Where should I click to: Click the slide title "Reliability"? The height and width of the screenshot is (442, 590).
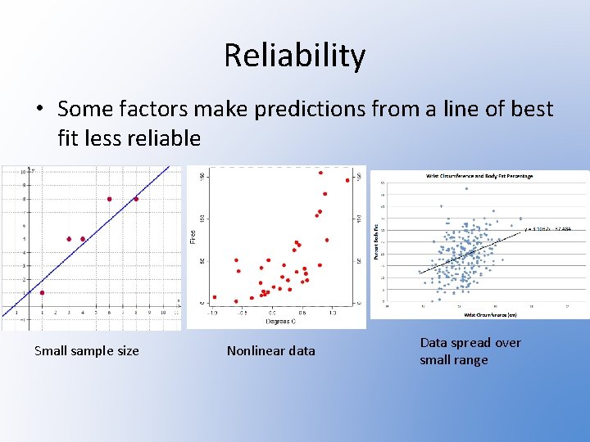point(294,56)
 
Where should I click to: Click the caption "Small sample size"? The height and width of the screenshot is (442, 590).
point(86,351)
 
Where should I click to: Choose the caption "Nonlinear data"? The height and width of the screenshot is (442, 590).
point(270,351)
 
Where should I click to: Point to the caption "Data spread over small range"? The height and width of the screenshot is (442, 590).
point(470,351)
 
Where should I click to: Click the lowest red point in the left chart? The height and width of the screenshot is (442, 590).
point(42,293)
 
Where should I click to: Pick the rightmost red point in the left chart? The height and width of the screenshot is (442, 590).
point(136,199)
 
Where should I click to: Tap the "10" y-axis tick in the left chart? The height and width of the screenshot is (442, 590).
point(25,173)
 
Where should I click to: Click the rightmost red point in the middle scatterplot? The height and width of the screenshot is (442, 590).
point(347,180)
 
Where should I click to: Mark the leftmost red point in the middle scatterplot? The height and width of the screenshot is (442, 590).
point(215,297)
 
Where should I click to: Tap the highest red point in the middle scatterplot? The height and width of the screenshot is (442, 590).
point(320,173)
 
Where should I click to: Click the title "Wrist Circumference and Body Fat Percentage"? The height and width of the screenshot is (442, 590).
point(479,176)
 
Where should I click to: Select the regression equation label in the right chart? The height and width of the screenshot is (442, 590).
point(548,228)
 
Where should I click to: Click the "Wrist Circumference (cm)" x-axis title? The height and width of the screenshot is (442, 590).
point(491,314)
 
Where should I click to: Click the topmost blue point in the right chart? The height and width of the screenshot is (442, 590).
point(467,189)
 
